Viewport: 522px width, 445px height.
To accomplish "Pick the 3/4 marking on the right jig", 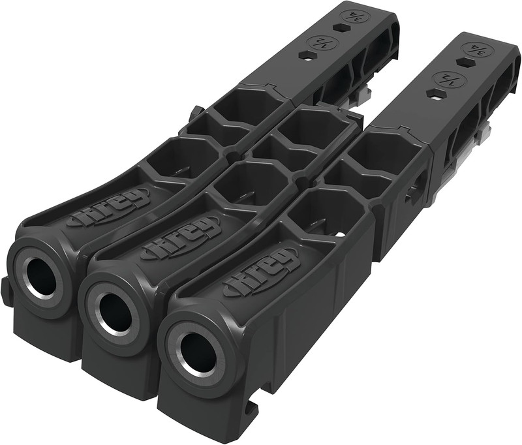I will point(476,50).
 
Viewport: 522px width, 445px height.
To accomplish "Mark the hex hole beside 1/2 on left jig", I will point(304,56).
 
